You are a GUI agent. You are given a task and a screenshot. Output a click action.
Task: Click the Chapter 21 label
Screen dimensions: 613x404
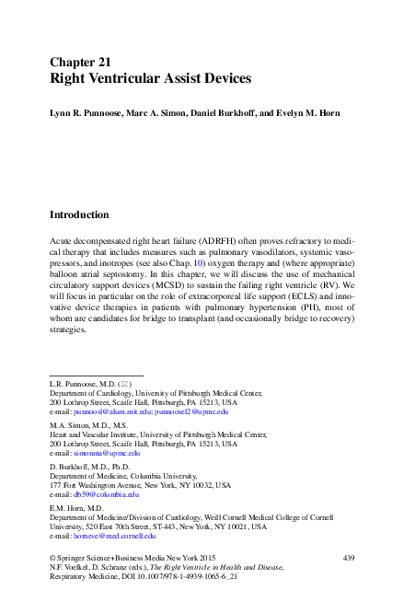81,62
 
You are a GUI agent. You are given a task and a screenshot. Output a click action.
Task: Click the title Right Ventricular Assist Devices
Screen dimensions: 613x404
150,79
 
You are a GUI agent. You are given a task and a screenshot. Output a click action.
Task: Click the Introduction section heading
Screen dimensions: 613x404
92,215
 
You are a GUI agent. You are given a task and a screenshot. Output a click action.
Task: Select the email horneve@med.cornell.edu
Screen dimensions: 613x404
119,535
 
